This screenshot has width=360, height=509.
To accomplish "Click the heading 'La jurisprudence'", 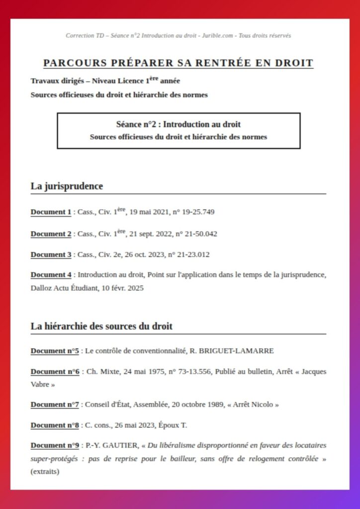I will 67,186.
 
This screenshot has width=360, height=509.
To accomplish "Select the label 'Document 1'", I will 51,212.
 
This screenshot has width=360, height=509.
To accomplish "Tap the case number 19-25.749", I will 198,212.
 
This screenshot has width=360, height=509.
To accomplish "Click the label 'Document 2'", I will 51,234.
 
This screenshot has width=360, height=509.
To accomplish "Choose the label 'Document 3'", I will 51,254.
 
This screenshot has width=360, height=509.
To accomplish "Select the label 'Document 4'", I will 51,274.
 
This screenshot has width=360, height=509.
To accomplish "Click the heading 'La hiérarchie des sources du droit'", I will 101,326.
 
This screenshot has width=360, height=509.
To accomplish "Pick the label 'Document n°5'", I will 55,351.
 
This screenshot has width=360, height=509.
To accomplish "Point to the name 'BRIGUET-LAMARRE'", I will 241,351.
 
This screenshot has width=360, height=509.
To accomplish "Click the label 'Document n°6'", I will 55,372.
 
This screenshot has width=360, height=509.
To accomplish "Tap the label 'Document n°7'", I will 55,405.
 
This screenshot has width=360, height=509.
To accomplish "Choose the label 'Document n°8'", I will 55,425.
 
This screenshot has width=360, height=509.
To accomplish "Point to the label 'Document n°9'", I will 55,445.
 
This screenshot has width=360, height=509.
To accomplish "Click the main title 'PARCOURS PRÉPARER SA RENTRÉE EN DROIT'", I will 178,63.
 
